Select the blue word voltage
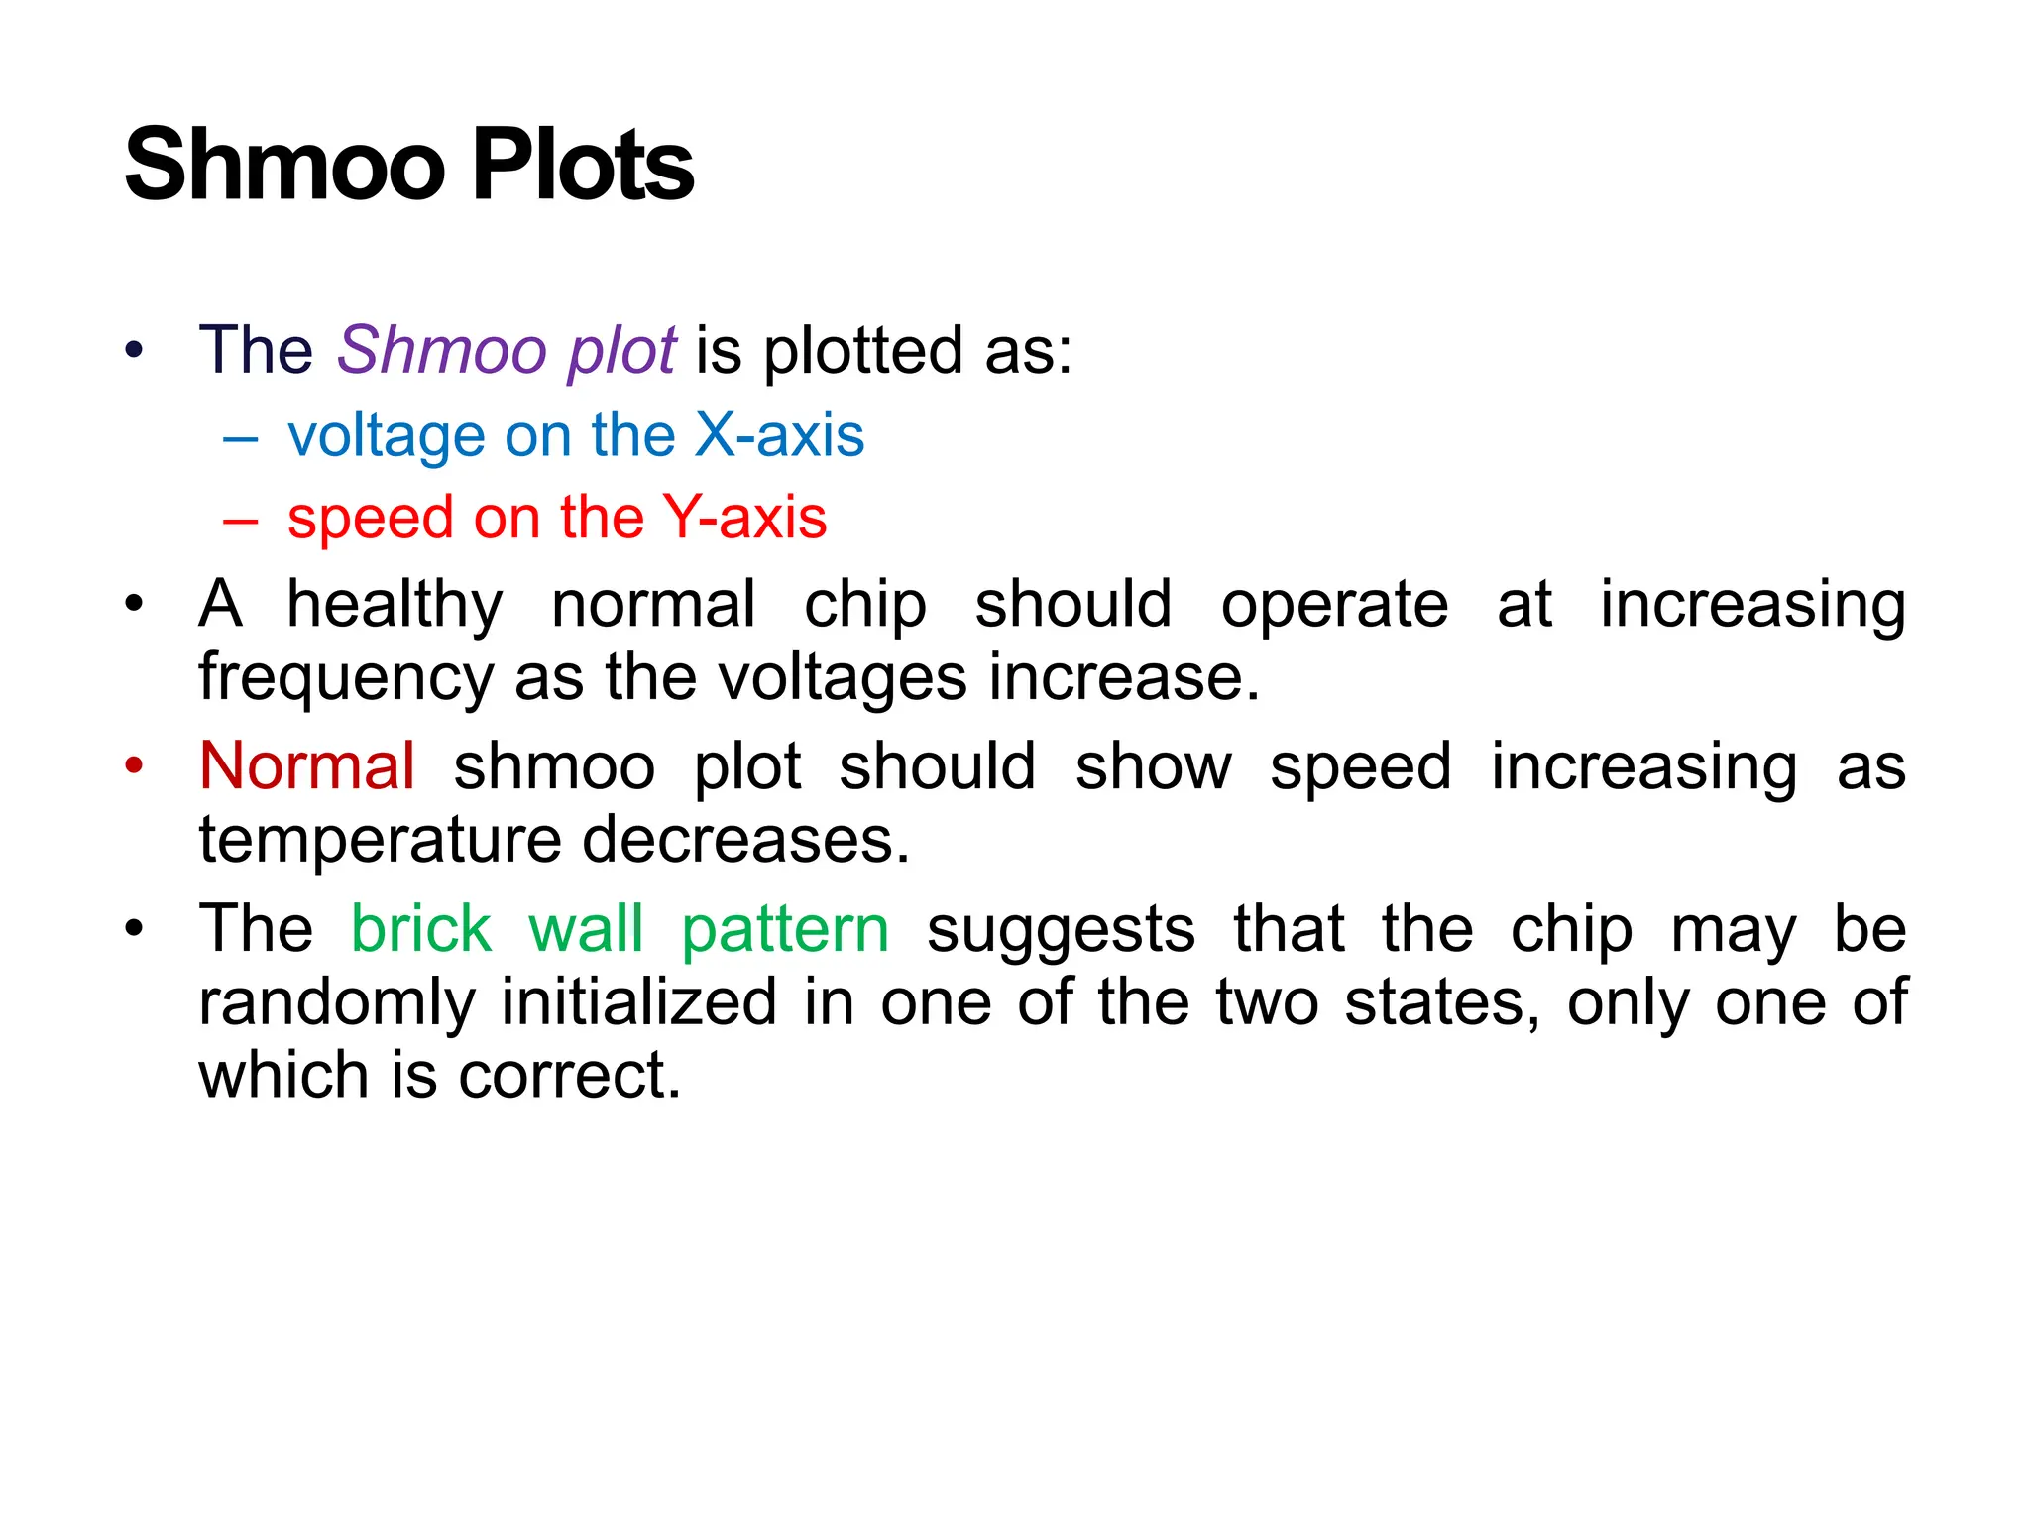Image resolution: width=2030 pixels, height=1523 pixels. click(386, 437)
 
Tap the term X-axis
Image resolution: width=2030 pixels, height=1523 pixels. click(779, 435)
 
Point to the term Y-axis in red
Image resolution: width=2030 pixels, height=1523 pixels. click(744, 518)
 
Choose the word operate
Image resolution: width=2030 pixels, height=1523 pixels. click(1333, 607)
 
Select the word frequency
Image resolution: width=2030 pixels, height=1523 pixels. click(345, 680)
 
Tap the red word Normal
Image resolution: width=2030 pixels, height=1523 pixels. click(307, 766)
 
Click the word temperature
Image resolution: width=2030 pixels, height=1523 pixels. click(379, 841)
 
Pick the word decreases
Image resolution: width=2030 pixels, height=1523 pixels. click(745, 841)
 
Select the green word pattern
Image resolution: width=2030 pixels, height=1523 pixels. click(785, 931)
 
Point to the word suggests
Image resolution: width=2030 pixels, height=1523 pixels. click(1061, 931)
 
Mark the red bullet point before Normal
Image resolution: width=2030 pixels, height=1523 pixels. click(135, 765)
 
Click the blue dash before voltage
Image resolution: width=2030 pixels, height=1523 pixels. click(241, 437)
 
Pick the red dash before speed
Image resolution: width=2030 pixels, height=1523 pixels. click(241, 519)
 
